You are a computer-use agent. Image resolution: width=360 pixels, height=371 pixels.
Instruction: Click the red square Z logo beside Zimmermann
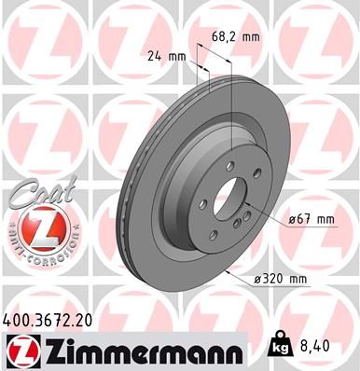point(21,351)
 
